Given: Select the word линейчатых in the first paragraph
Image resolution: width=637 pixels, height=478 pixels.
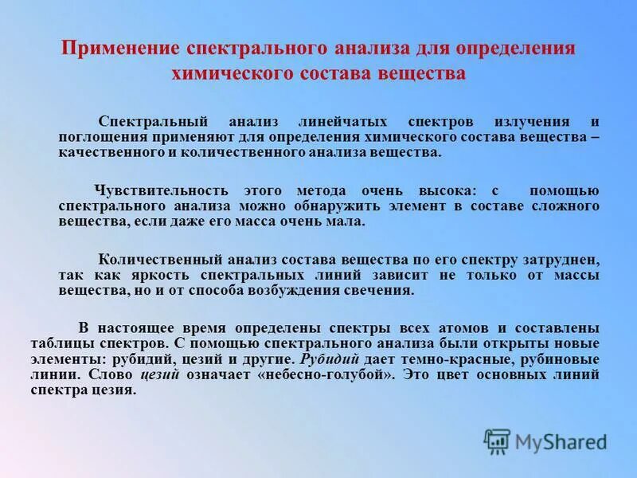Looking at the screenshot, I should (333, 122).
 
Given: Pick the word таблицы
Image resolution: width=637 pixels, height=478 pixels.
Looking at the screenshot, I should (86, 343).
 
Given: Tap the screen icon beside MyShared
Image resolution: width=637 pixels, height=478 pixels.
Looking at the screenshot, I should (497, 441).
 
